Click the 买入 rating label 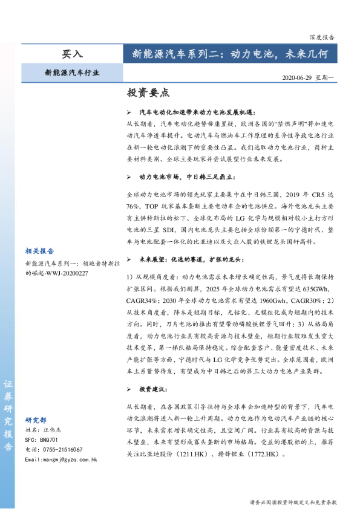pos(72,54)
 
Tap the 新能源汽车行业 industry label pos(72,73)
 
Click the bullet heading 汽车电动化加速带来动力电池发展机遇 pos(198,112)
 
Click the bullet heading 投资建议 pos(151,389)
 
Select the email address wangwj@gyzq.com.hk pos(61,459)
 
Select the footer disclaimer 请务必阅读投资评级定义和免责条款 pos(293,502)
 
